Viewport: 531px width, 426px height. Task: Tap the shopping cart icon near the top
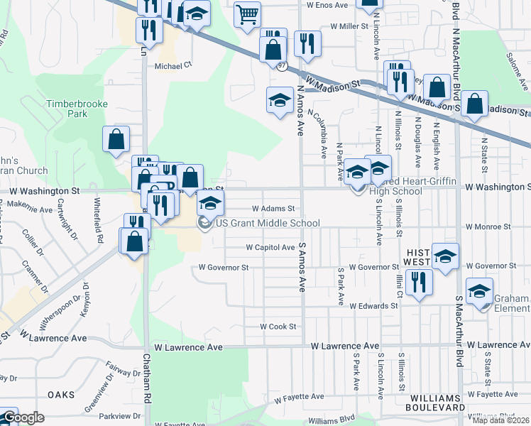pyautogui.click(x=247, y=13)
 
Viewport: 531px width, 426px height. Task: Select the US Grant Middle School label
pyautogui.click(x=268, y=223)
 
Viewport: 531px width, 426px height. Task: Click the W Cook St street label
pyautogui.click(x=277, y=327)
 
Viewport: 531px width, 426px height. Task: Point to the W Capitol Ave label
pyautogui.click(x=270, y=248)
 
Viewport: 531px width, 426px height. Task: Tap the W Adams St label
pyautogui.click(x=273, y=209)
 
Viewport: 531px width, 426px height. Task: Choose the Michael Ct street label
pyautogui.click(x=174, y=65)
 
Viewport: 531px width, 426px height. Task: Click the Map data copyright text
pyautogui.click(x=501, y=420)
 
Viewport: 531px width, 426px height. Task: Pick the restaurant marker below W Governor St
pyautogui.click(x=419, y=281)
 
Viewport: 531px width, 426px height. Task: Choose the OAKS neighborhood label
pyautogui.click(x=61, y=394)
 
